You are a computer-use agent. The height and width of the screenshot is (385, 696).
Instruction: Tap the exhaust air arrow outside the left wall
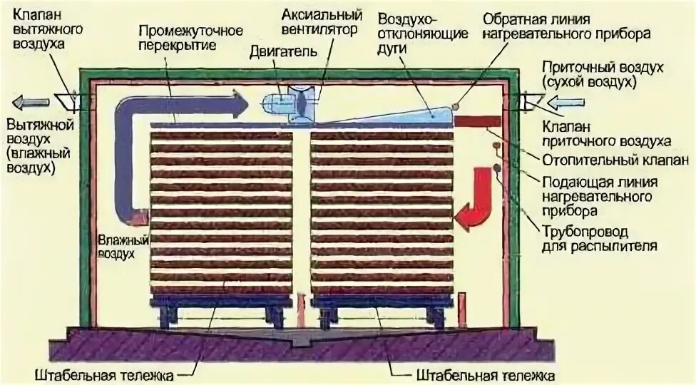[31, 101]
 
